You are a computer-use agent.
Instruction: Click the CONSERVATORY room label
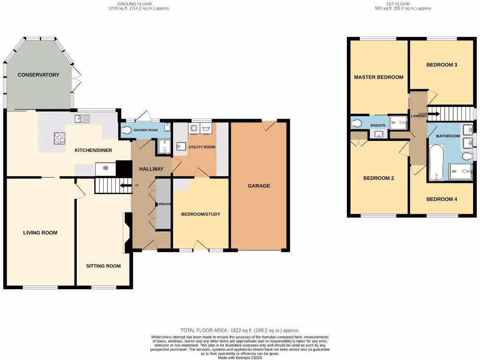tap(38, 75)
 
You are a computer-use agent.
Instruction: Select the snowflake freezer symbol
tap(105, 168)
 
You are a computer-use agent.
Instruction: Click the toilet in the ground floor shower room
tap(126, 130)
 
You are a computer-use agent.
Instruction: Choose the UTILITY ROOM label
tap(202, 147)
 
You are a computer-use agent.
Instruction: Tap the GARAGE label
tap(259, 186)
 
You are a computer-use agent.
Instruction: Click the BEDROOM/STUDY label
tap(201, 214)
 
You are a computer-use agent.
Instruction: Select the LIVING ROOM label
tap(40, 232)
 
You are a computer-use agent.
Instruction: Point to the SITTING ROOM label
tap(103, 266)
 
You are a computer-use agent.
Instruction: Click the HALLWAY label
tap(151, 169)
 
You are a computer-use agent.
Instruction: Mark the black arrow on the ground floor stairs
tap(125, 186)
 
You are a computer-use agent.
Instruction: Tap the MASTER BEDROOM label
tap(378, 77)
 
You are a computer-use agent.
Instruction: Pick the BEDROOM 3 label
tap(442, 65)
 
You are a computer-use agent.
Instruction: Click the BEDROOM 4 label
tap(442, 199)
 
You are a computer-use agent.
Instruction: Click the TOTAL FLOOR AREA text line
tap(240, 330)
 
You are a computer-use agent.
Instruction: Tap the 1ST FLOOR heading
tap(395, 4)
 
